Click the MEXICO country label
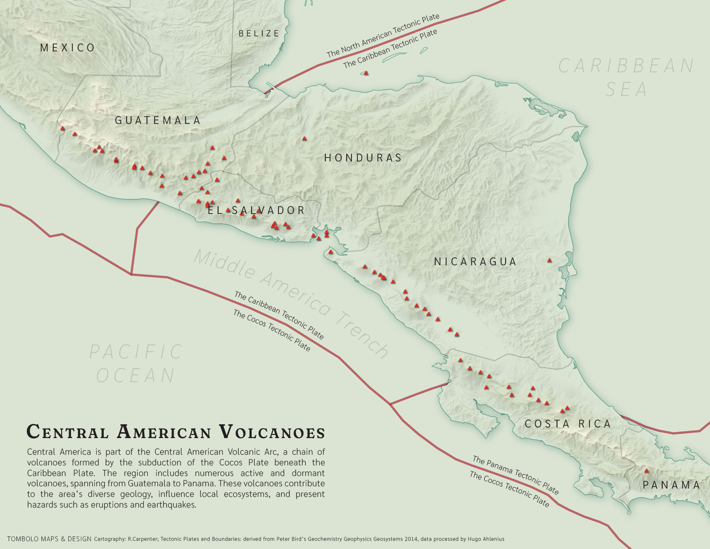click(67, 48)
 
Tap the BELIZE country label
click(259, 34)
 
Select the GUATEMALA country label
click(158, 120)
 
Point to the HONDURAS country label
click(363, 158)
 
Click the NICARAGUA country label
click(475, 262)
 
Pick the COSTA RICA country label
click(568, 424)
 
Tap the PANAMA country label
click(671, 485)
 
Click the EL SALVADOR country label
click(256, 210)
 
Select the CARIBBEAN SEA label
click(626, 78)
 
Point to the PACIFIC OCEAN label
click(136, 364)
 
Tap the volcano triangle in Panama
click(646, 471)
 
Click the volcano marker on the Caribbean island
click(366, 73)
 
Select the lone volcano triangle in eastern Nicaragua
click(549, 260)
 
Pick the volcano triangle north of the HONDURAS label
click(304, 139)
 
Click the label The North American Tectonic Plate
click(383, 36)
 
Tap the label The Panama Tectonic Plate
click(516, 475)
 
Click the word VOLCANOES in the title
click(272, 432)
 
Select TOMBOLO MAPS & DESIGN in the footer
click(49, 539)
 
